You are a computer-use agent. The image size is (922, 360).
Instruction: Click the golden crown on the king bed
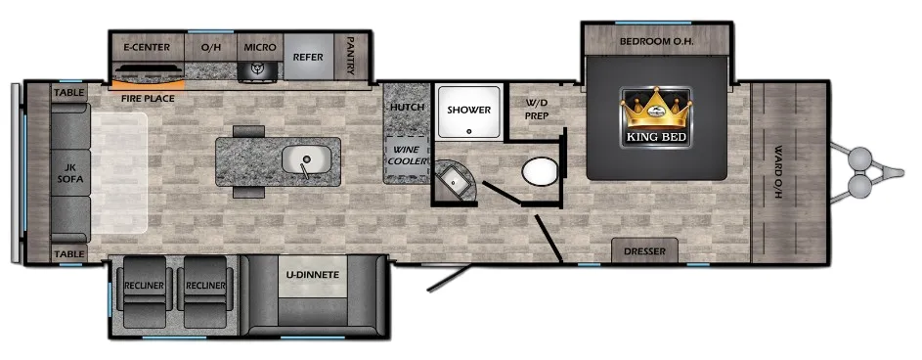pyautogui.click(x=656, y=109)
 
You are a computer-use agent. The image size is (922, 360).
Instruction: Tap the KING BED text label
pyautogui.click(x=656, y=138)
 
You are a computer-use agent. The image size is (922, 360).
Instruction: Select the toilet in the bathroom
pyautogui.click(x=539, y=171)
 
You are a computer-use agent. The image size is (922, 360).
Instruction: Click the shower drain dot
pyautogui.click(x=469, y=132)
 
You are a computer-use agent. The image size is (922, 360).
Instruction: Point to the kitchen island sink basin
pyautogui.click(x=305, y=158)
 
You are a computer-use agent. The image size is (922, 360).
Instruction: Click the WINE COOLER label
pyautogui.click(x=408, y=155)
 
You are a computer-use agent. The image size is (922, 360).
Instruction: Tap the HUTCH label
pyautogui.click(x=407, y=107)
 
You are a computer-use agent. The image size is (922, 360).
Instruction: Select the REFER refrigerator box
pyautogui.click(x=308, y=57)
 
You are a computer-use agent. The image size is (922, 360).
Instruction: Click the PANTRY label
pyautogui.click(x=350, y=56)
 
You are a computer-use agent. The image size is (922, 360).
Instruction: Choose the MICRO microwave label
pyautogui.click(x=260, y=47)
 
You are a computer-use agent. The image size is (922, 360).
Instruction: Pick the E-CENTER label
pyautogui.click(x=146, y=47)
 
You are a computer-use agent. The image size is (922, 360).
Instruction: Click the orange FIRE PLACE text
pyautogui.click(x=148, y=98)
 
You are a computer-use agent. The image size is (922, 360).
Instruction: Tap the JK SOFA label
pyautogui.click(x=70, y=173)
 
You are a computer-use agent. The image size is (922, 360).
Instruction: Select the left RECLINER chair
pyautogui.click(x=144, y=292)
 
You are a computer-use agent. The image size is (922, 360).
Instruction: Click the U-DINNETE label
pyautogui.click(x=313, y=275)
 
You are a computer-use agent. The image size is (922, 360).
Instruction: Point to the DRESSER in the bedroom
pyautogui.click(x=644, y=250)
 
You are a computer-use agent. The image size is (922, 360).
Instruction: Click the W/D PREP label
pyautogui.click(x=536, y=110)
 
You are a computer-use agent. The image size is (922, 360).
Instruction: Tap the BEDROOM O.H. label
pyautogui.click(x=656, y=42)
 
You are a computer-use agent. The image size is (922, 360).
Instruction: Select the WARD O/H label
pyautogui.click(x=778, y=172)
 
